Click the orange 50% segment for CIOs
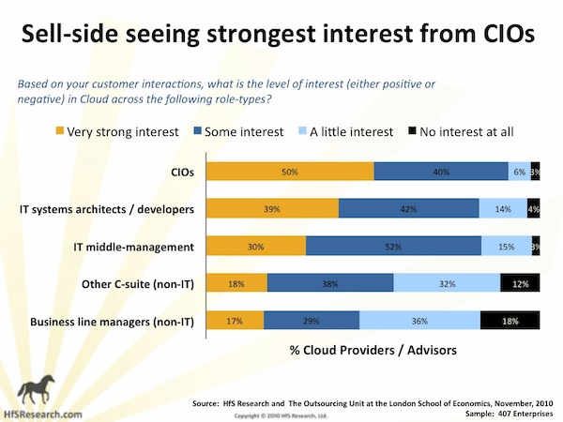(290, 172)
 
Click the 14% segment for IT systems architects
(502, 209)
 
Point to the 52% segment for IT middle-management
(393, 246)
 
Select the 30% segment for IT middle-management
(256, 246)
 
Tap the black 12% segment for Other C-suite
(520, 283)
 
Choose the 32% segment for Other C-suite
(447, 283)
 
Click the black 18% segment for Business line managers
(510, 321)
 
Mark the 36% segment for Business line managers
(420, 321)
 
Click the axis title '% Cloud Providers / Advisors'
(367, 350)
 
